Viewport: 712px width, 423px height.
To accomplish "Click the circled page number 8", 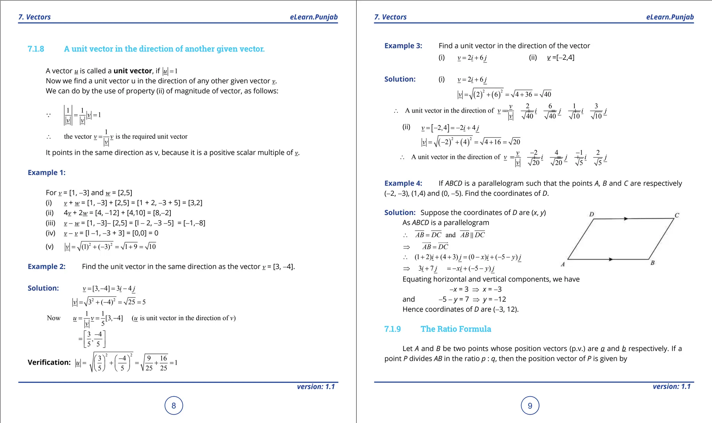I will point(173,405).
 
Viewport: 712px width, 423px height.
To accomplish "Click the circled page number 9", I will point(530,406).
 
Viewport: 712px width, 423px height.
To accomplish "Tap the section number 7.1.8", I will point(36,49).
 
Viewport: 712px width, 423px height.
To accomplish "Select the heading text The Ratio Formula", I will point(455,329).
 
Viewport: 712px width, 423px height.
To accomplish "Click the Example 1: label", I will point(47,173).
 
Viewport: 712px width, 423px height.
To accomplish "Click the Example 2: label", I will point(47,267).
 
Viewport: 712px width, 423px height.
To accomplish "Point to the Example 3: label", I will point(403,46).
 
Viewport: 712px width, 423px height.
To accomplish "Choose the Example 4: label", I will point(403,184).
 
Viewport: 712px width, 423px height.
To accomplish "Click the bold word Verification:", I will point(49,363).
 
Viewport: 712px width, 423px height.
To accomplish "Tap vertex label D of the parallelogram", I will point(591,214).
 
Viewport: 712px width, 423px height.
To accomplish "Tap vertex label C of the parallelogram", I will point(677,215).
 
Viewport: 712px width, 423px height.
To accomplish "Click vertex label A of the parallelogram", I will point(563,265).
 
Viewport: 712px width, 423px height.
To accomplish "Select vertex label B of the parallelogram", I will point(652,263).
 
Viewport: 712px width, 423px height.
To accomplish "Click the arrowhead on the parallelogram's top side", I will point(626,219).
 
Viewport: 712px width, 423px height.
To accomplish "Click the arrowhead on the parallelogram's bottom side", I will point(611,259).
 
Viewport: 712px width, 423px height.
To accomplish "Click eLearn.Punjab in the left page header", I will point(314,17).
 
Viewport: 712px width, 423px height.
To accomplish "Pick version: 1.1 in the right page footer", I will point(671,387).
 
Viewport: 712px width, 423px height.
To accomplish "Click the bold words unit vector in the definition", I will point(133,71).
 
